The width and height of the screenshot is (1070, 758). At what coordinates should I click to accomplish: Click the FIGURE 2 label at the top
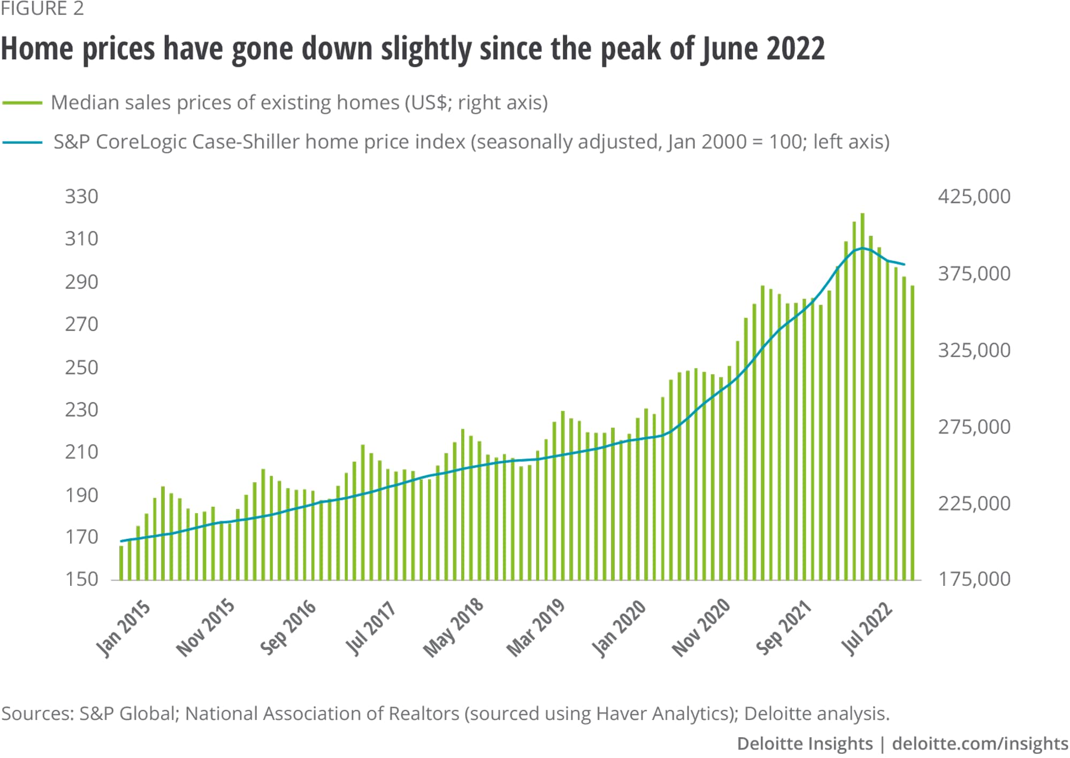tap(42, 9)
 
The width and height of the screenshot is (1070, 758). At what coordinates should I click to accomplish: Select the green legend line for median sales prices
tap(22, 103)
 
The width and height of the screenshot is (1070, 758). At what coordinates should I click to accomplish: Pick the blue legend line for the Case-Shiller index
tap(22, 142)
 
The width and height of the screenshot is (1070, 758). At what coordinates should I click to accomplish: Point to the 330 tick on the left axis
tap(82, 197)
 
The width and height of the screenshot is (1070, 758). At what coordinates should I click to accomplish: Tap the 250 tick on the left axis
tap(82, 367)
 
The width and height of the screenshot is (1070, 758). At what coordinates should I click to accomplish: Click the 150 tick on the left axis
tap(82, 579)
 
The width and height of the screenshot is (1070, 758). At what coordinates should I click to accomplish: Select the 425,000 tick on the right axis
tap(974, 197)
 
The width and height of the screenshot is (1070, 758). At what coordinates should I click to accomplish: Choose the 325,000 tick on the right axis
tap(974, 350)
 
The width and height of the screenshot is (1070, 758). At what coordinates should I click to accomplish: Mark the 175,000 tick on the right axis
tap(974, 579)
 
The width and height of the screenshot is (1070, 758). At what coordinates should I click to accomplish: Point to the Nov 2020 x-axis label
tap(701, 626)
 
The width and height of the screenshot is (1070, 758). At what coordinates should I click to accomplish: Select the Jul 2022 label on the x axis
tap(867, 628)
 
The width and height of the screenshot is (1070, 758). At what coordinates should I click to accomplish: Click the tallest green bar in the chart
tap(862, 397)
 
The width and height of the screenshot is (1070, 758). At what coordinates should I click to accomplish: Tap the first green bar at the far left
tap(121, 563)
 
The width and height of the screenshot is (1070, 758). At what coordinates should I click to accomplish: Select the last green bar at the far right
tap(913, 433)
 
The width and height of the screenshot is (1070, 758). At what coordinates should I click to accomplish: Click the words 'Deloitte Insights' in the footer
tap(805, 744)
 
